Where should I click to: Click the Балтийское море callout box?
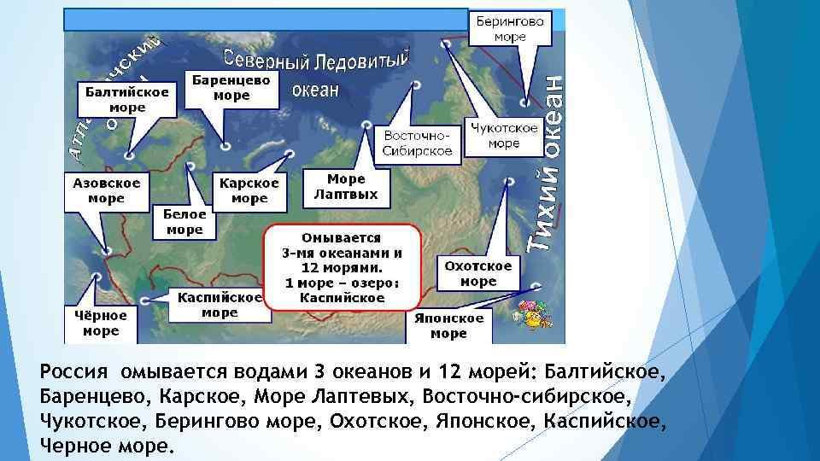[x=126, y=99]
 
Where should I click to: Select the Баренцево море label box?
[x=231, y=89]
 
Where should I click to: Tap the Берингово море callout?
[x=510, y=29]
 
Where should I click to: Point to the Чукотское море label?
[x=504, y=136]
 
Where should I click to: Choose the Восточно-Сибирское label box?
[x=418, y=143]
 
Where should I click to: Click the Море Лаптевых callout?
[x=346, y=187]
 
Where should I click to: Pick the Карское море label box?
[x=249, y=191]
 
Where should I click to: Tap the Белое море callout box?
[x=184, y=222]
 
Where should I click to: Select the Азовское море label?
[x=107, y=191]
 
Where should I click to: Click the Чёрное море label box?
[x=101, y=324]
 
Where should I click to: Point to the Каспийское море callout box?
[x=220, y=305]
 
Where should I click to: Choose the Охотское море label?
[x=478, y=273]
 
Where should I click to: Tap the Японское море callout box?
[x=448, y=326]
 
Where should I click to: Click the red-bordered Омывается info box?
[x=342, y=267]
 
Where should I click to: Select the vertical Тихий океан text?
[x=547, y=164]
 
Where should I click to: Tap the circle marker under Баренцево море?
[x=225, y=146]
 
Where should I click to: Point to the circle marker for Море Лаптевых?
[x=366, y=125]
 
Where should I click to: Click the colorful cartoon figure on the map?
[x=532, y=313]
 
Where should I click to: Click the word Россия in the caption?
[x=73, y=371]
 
